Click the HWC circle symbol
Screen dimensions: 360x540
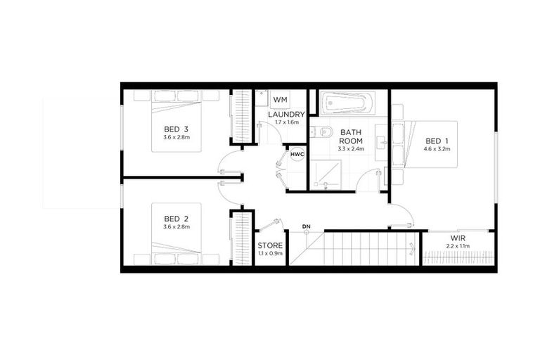pyautogui.click(x=297, y=154)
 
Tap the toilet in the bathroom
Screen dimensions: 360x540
pyautogui.click(x=323, y=131)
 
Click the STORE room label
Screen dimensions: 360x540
pyautogui.click(x=269, y=245)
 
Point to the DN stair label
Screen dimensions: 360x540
pyautogui.click(x=306, y=226)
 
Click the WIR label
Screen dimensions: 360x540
pyautogui.click(x=458, y=238)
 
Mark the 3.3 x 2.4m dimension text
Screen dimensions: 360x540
pyautogui.click(x=350, y=149)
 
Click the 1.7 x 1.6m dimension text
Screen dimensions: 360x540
pyautogui.click(x=287, y=123)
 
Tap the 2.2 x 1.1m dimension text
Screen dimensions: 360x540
pyautogui.click(x=458, y=247)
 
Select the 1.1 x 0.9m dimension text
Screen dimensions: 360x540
pyautogui.click(x=269, y=253)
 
